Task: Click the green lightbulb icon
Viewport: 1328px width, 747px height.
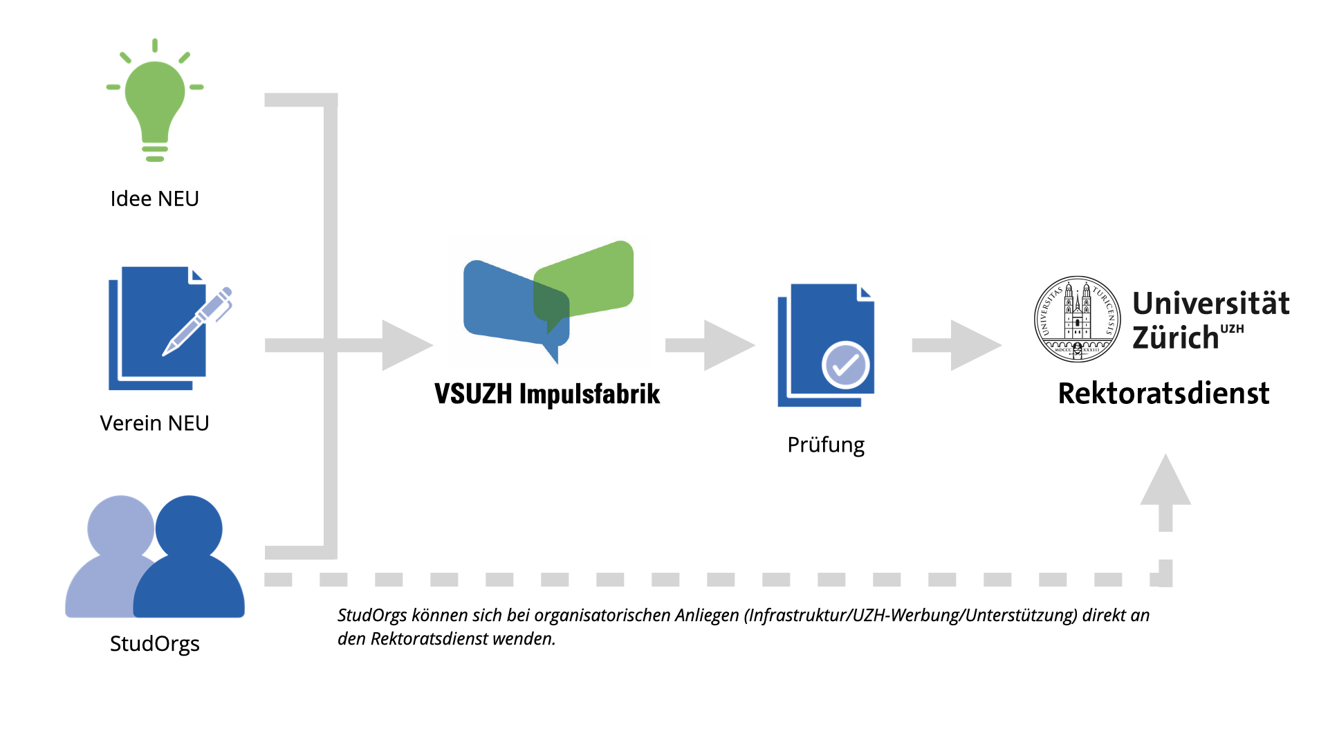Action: coord(155,100)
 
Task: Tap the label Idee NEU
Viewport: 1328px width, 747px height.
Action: coord(155,199)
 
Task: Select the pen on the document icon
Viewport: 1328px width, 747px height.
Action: coord(199,320)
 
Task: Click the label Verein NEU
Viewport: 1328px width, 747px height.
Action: coord(155,423)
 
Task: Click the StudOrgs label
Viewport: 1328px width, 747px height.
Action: coord(155,644)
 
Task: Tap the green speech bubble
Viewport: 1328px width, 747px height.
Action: coord(591,277)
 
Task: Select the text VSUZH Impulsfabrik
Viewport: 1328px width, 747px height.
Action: coord(547,394)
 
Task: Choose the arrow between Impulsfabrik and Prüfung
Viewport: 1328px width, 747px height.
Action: coord(710,345)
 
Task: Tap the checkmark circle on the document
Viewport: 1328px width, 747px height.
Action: coord(845,365)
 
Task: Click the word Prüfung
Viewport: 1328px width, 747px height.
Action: coord(826,445)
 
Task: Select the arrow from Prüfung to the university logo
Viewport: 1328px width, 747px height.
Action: coord(957,345)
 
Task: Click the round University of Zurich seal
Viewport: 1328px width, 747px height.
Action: coord(1077,319)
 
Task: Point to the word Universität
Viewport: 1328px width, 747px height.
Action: coord(1210,303)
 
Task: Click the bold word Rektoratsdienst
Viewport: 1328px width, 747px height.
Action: coord(1163,394)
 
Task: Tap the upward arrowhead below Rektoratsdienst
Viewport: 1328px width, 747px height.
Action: coord(1165,482)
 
